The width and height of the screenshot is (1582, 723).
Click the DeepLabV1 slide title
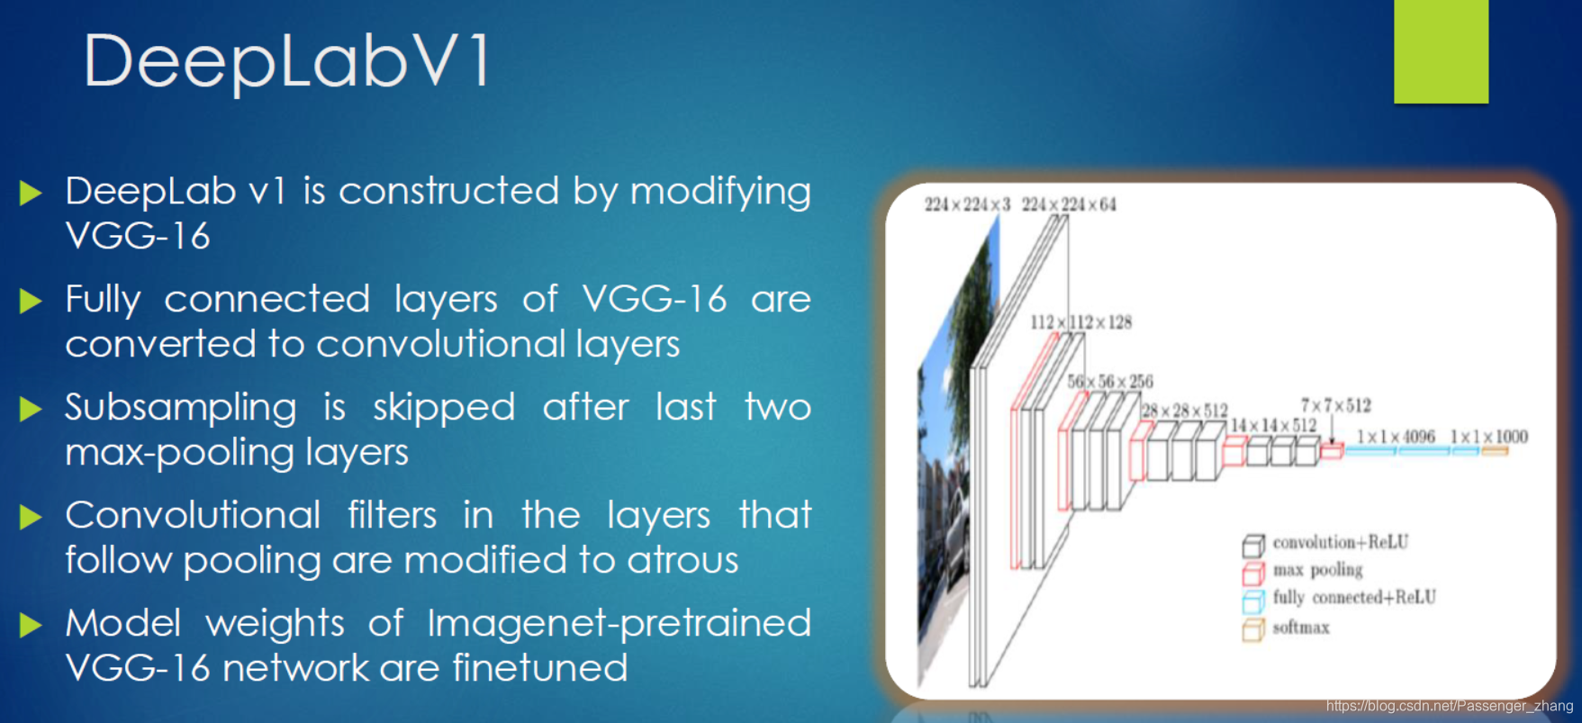pos(287,61)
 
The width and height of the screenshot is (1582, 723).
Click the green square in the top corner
pos(1441,50)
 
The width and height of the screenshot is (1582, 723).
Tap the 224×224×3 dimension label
pos(967,204)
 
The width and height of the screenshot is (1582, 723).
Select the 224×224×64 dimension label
pos(1069,204)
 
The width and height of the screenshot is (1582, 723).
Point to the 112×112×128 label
pos(1080,322)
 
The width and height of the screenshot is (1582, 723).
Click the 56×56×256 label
pos(1110,382)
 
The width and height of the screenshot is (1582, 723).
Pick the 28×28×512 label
pos(1184,411)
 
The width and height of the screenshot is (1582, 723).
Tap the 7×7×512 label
pos(1335,405)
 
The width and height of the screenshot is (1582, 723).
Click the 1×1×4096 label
pos(1396,437)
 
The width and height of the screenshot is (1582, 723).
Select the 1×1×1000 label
pos(1488,437)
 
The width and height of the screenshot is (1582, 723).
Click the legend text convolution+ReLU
pos(1340,542)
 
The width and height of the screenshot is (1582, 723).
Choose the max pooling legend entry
pos(1317,570)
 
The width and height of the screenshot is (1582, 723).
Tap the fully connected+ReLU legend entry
pos(1354,597)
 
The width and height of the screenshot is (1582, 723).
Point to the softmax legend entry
pos(1300,628)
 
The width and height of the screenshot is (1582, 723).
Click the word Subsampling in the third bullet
pos(180,408)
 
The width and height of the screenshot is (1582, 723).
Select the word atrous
pos(683,560)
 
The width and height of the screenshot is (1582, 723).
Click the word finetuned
pos(539,668)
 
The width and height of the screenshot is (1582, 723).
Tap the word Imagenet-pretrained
pos(619,623)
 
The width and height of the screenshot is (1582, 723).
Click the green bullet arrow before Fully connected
pos(31,301)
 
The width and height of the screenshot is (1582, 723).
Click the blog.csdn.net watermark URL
pos(1449,706)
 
